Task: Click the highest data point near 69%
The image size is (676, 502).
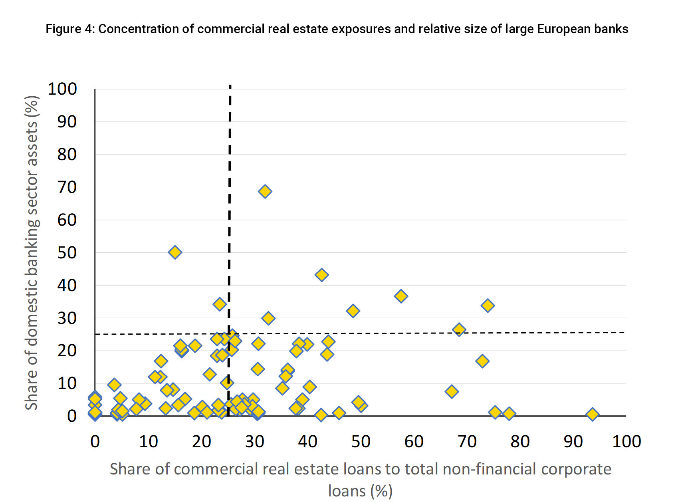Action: pos(265,192)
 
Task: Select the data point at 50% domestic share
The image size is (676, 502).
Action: pos(175,252)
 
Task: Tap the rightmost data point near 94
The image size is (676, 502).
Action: pos(593,415)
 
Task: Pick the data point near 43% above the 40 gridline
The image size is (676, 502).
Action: pos(321,275)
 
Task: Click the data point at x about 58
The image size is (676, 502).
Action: pos(401,296)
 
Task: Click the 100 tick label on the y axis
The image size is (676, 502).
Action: pos(62,89)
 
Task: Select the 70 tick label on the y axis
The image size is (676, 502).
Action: pos(67,187)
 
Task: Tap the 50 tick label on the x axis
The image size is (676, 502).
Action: pos(361,442)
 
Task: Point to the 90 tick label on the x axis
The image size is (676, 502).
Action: pos(573,442)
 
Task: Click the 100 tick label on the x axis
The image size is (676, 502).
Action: pos(626,442)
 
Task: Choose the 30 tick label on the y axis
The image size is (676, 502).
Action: pos(67,318)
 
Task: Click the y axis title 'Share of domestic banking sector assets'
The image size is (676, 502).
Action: pos(32,252)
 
